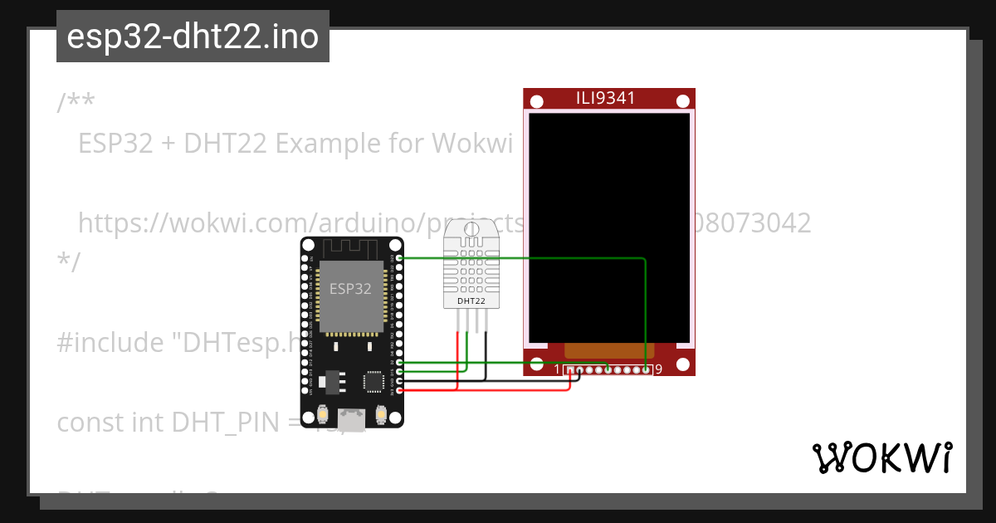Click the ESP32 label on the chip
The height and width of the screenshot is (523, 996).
(350, 289)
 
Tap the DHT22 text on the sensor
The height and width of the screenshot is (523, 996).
(471, 301)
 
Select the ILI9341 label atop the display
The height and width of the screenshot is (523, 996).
(606, 98)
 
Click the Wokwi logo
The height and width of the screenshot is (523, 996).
(881, 457)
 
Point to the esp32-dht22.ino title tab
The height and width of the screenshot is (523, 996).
(193, 37)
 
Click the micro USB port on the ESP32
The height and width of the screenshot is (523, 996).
(352, 419)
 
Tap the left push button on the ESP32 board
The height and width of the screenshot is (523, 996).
(323, 413)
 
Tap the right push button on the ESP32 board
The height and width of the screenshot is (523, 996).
(381, 413)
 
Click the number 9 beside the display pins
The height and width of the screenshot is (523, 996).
(658, 369)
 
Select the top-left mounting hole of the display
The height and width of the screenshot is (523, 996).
(537, 101)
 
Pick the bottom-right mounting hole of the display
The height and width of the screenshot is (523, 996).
(682, 364)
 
